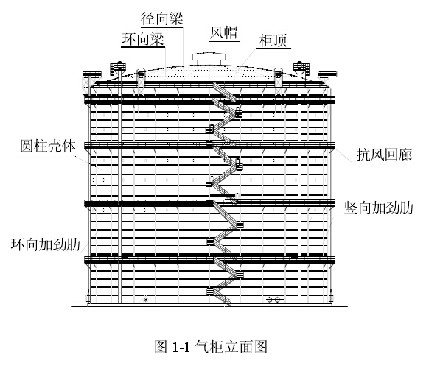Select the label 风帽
tap(225, 32)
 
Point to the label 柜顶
tap(273, 41)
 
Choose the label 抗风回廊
tap(380, 154)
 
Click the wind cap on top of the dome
tap(208, 57)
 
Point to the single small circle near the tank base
tap(146, 298)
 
